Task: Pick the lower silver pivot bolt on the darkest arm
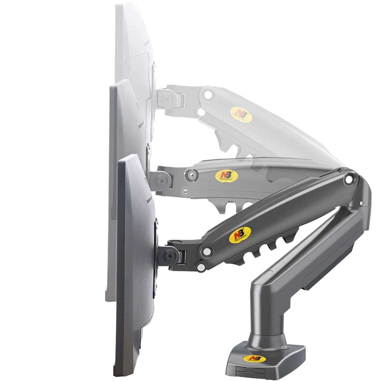pos(201,267)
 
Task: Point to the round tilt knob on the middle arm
pos(163,180)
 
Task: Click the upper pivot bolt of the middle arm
pos(191,174)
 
